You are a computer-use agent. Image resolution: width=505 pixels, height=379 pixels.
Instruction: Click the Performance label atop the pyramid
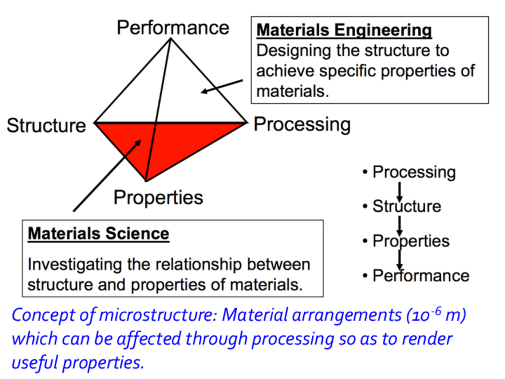point(173,27)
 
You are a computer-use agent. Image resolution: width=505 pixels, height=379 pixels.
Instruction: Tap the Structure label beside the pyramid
point(46,126)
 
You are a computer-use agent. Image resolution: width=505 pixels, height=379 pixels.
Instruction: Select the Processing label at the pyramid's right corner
point(302,125)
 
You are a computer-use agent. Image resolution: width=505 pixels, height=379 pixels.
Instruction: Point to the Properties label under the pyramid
point(158,197)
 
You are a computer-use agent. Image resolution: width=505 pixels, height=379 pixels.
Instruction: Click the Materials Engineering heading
point(344,30)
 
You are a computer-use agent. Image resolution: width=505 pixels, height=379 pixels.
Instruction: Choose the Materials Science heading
point(98,233)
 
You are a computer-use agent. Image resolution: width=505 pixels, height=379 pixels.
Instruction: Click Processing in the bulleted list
point(414,172)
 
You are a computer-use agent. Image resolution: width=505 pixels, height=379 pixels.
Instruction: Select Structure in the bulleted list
point(407,207)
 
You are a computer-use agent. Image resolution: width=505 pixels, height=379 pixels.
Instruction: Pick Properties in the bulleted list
point(411,241)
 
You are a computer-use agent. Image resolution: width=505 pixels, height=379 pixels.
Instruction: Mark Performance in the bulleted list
point(420,276)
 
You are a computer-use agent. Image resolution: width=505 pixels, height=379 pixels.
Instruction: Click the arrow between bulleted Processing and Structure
point(400,190)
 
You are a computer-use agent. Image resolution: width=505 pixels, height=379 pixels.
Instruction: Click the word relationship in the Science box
point(202,265)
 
